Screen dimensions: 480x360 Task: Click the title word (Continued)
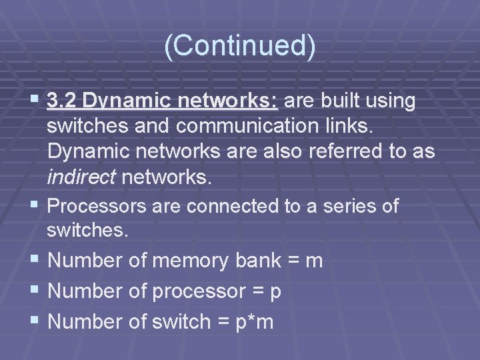[x=239, y=46]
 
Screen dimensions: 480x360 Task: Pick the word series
[x=346, y=207]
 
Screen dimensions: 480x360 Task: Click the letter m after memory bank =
[x=314, y=261]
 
